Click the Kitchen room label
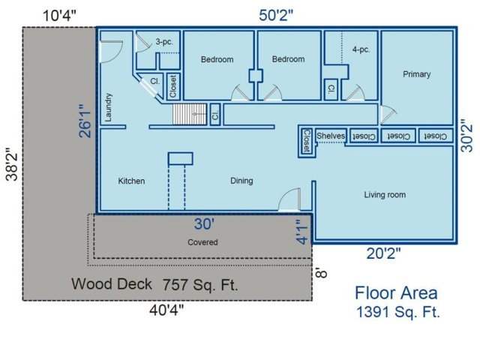(x=131, y=181)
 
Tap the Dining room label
(x=241, y=181)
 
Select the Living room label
(x=385, y=195)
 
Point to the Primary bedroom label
(x=417, y=74)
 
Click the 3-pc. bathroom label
(x=164, y=42)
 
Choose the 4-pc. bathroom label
(x=361, y=49)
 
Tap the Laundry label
(x=108, y=107)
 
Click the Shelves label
(x=331, y=136)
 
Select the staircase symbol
(x=190, y=114)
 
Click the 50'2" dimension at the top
(x=276, y=15)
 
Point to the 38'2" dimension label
(x=13, y=164)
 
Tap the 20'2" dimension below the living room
(x=383, y=253)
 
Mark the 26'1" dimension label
(x=85, y=121)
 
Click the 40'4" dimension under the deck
(x=166, y=310)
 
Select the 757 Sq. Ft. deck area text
(x=200, y=285)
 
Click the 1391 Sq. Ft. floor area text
(x=398, y=312)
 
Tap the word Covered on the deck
(x=202, y=242)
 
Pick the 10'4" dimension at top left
(x=59, y=16)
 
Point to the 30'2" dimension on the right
(x=467, y=136)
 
